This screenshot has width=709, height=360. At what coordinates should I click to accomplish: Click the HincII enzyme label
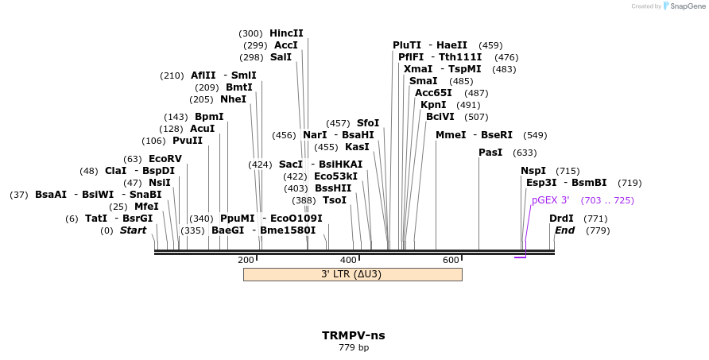(286, 33)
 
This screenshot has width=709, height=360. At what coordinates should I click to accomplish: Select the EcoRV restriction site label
(165, 159)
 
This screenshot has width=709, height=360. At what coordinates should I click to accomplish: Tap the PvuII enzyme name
(188, 141)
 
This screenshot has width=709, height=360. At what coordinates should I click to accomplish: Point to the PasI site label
(490, 153)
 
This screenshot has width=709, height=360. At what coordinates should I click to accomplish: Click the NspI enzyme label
(533, 171)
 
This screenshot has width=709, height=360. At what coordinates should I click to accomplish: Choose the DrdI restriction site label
(561, 219)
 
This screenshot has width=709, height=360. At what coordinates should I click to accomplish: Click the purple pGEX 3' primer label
(551, 200)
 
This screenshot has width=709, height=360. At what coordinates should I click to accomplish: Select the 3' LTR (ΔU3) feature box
(352, 274)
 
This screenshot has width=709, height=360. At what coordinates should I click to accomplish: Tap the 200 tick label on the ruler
(246, 260)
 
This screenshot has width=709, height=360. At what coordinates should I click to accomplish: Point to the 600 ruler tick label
(451, 260)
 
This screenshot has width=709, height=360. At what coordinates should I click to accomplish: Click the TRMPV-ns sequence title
(353, 335)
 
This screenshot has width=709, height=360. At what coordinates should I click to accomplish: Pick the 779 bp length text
(353, 347)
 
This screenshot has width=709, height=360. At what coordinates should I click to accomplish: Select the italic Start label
(133, 230)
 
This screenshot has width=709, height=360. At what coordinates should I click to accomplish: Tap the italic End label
(564, 230)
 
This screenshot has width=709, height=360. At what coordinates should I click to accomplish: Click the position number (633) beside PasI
(525, 153)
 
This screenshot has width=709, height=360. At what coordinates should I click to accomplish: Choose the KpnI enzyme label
(433, 105)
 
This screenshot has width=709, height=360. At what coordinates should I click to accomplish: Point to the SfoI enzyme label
(368, 123)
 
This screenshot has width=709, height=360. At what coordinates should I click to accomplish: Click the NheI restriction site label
(233, 99)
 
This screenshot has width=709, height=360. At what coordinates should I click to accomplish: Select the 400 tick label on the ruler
(348, 260)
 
